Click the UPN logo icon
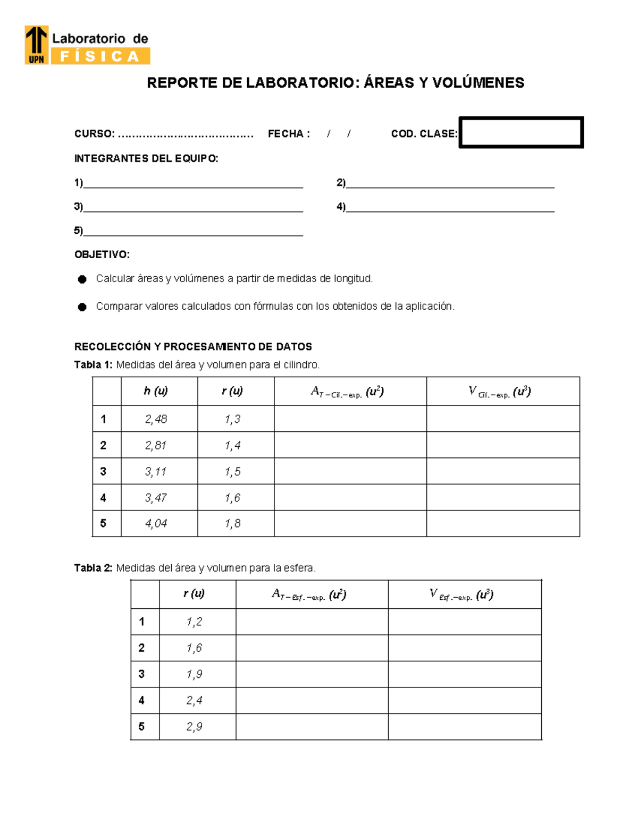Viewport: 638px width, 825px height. point(37,45)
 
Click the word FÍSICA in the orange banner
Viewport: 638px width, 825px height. point(100,56)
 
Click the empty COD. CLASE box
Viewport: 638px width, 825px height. point(521,132)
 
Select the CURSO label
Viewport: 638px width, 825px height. point(94,134)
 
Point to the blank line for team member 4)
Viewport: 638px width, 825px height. point(450,207)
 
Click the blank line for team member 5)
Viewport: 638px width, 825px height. point(193,231)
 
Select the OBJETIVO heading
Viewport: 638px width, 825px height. point(102,254)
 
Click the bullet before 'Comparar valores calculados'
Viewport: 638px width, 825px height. point(82,307)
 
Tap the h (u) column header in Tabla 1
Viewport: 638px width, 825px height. point(156,391)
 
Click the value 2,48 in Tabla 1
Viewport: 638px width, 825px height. point(156,419)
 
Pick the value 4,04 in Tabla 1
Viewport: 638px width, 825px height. point(156,524)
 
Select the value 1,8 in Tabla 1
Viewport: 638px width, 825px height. point(232,524)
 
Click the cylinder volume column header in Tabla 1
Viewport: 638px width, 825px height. point(500,392)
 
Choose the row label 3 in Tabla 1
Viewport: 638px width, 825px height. point(103,471)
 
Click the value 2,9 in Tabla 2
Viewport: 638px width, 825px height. point(194,727)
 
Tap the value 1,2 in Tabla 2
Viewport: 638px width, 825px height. point(194,622)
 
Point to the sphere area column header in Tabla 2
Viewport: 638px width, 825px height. point(309,594)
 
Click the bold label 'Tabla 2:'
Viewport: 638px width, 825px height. point(93,568)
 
